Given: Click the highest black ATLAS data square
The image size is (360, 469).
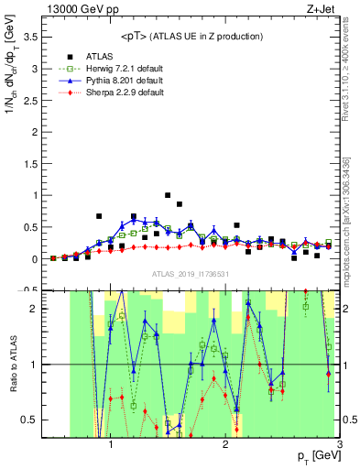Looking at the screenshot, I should (x=168, y=195).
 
